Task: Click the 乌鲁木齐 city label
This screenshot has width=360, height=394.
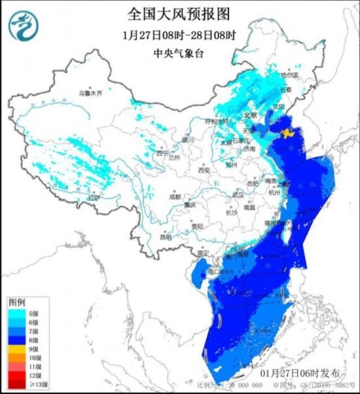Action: coord(91,94)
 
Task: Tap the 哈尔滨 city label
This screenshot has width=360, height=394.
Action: coord(289,76)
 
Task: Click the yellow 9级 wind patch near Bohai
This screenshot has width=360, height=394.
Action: coord(288,134)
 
